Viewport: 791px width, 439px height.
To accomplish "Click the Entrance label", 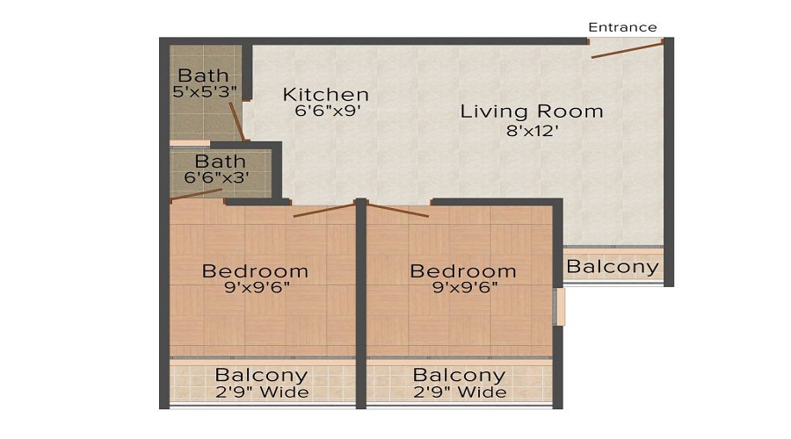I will pyautogui.click(x=622, y=27).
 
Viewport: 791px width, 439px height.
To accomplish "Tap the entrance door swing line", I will pyautogui.click(x=627, y=49).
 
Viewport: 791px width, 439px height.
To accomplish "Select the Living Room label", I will pyautogui.click(x=532, y=112).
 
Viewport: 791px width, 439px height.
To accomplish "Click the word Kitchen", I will pyautogui.click(x=325, y=94).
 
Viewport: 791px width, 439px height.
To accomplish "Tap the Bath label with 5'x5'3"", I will pyautogui.click(x=203, y=76).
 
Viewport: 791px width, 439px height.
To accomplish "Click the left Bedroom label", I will pyautogui.click(x=255, y=270).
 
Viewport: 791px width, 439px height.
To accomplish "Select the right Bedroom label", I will pyautogui.click(x=463, y=270).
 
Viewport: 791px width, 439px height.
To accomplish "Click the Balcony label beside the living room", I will pyautogui.click(x=613, y=267).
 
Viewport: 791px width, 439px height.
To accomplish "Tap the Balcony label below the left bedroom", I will pyautogui.click(x=262, y=376).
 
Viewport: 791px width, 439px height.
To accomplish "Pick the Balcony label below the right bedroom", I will pyautogui.click(x=461, y=376).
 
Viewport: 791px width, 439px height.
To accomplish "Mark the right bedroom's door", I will pyautogui.click(x=398, y=210).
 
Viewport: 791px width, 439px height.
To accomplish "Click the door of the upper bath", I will pyautogui.click(x=236, y=120).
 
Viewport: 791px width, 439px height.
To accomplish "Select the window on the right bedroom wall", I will pyautogui.click(x=557, y=307).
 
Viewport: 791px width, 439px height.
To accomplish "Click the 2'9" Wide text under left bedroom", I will pyautogui.click(x=262, y=392).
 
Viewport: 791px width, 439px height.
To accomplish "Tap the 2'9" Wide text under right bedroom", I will pyautogui.click(x=461, y=392).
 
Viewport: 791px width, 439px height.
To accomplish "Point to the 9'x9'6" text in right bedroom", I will pyautogui.click(x=463, y=287).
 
